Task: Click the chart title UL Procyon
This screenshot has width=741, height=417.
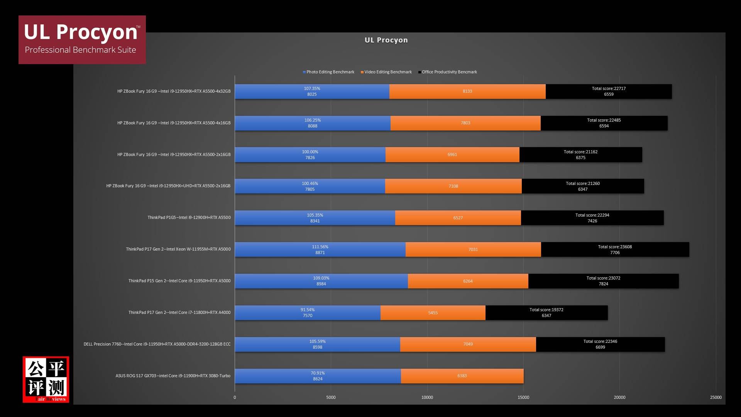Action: (x=386, y=40)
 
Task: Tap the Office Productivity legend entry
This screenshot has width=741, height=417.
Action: (x=448, y=72)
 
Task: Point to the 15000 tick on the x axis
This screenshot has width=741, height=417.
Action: (x=523, y=397)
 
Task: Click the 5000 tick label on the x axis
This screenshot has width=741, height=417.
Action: (x=331, y=397)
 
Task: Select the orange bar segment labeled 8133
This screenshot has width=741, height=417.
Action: (x=467, y=92)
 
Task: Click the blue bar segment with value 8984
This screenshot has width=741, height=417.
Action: (x=321, y=281)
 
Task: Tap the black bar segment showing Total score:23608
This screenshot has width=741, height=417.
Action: (x=615, y=249)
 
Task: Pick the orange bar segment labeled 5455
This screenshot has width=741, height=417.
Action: (x=433, y=313)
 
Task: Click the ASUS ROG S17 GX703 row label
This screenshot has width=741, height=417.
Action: (x=173, y=376)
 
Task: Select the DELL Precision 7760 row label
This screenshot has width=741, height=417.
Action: (x=157, y=344)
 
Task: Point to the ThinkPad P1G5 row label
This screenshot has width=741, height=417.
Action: (x=189, y=218)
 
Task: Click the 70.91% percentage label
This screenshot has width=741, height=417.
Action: (x=318, y=373)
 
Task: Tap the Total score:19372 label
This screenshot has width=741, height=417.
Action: (x=546, y=310)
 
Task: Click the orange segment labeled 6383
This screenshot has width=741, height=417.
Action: (x=462, y=376)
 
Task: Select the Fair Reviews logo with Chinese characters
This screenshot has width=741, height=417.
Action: (x=46, y=379)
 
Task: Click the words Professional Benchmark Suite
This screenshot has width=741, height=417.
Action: (x=80, y=50)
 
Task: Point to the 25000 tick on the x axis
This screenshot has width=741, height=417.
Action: (x=716, y=397)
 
